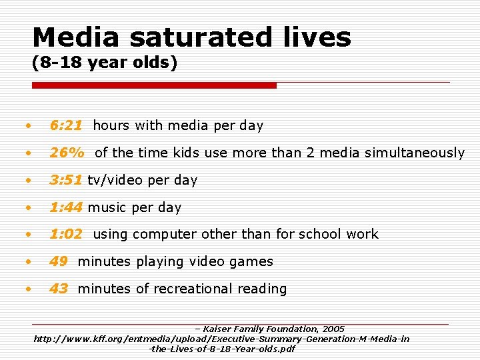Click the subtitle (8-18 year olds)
point(105,64)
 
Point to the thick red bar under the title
point(155,85)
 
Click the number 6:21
point(66,125)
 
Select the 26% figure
point(67,153)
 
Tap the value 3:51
point(66,180)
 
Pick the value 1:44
point(66,207)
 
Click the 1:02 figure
point(66,234)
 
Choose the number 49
point(59,261)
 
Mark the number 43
point(59,289)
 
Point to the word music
point(107,207)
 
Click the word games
point(252,261)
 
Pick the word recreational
point(193,289)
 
